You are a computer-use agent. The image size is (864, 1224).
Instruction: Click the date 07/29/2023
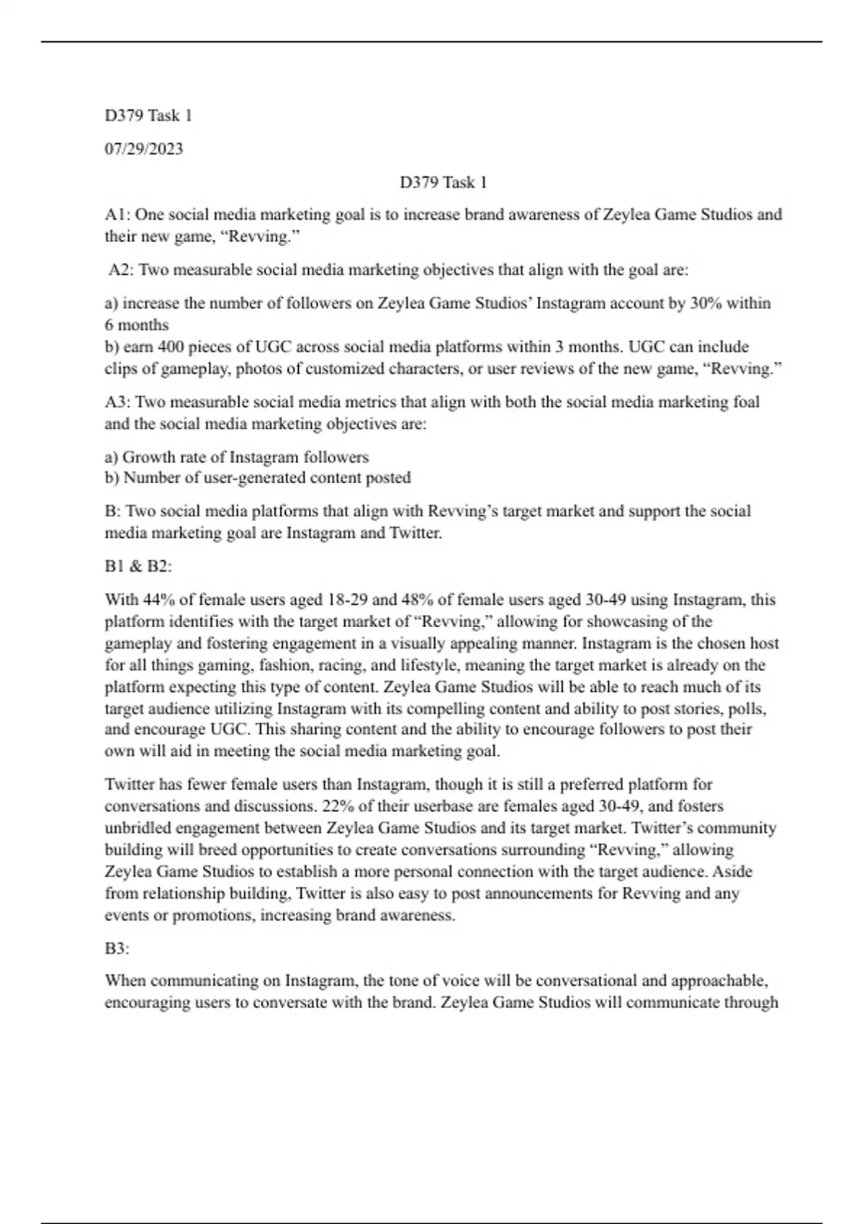coord(144,149)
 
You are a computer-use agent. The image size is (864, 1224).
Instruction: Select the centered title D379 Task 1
coord(444,182)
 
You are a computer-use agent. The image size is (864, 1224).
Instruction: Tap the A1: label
coord(117,215)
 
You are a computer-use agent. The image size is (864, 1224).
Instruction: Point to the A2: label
coord(121,270)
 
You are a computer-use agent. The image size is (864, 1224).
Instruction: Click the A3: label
coord(117,402)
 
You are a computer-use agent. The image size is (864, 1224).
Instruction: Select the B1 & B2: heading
coord(138,566)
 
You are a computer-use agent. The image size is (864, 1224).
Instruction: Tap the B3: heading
coord(117,948)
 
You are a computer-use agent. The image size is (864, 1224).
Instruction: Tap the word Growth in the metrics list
coord(148,457)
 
